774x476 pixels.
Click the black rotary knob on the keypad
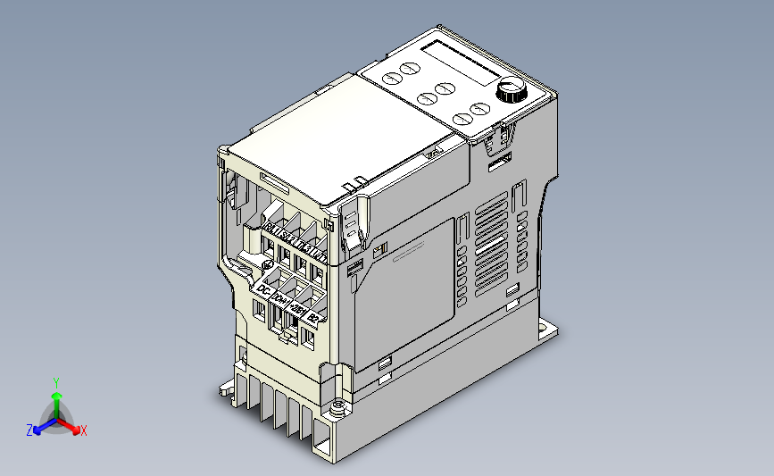511,89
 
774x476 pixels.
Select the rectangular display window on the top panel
465,62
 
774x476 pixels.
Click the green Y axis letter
55,381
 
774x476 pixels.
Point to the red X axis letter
84,430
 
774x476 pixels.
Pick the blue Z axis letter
29,430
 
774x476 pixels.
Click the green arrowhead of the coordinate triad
56,394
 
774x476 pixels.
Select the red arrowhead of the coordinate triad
74,428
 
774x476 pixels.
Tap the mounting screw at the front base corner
338,409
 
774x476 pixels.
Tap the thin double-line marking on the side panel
410,254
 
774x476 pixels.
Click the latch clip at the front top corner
354,223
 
